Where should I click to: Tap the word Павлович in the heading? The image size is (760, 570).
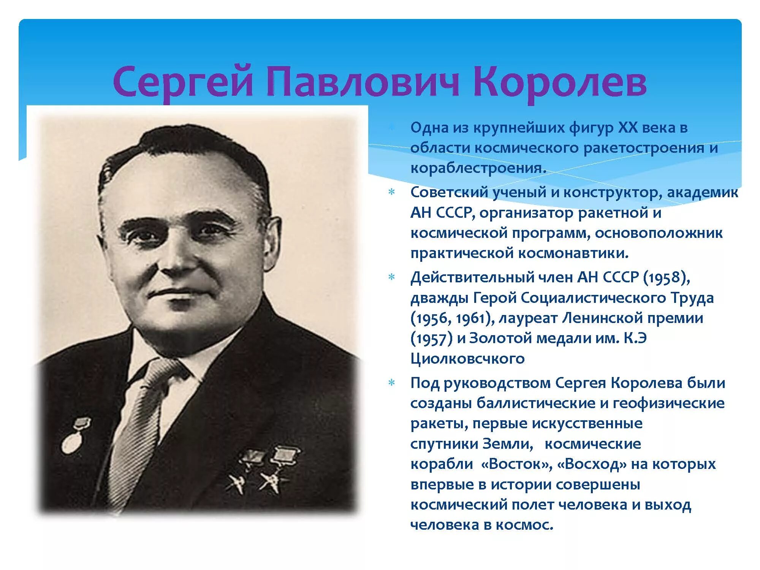pos(363,82)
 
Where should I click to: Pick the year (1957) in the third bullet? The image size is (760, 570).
pos(431,338)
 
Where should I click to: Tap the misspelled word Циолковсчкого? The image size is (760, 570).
pos(467,358)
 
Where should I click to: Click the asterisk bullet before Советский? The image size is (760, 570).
pos(391,192)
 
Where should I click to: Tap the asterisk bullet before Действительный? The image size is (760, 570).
pos(391,277)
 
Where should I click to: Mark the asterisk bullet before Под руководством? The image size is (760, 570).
pos(391,383)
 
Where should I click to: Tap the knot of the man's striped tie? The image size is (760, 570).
pos(163,370)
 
